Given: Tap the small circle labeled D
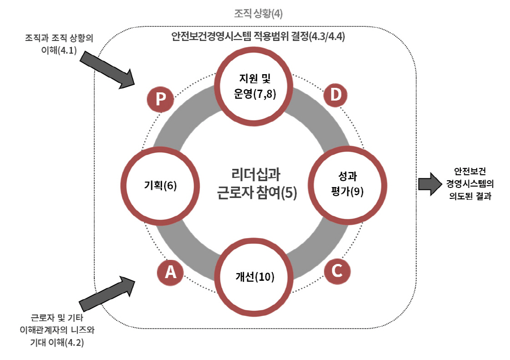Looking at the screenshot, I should [x=336, y=95].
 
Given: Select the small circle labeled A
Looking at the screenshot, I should [x=170, y=272].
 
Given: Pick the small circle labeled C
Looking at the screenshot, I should [x=337, y=271].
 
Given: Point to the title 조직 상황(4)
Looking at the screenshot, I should [x=258, y=14].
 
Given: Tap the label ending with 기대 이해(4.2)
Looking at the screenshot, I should [x=58, y=330].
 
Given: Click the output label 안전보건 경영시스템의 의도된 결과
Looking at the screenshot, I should [x=469, y=184].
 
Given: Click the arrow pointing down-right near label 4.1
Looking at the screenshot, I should [x=108, y=69].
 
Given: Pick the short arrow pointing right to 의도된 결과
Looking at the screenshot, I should [x=430, y=184].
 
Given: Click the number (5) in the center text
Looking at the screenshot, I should [x=289, y=193].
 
